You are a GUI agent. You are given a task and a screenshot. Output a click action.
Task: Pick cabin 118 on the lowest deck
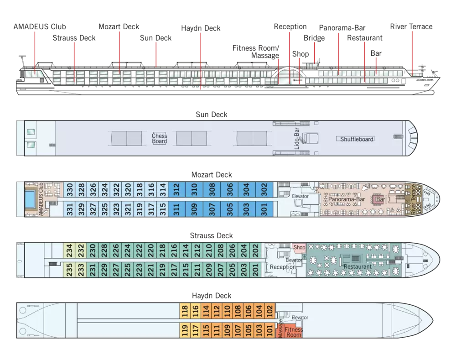click(x=185, y=311)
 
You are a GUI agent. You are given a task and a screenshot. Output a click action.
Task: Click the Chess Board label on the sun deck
click(x=159, y=138)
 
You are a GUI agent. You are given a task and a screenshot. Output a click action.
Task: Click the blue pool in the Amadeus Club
click(x=31, y=198)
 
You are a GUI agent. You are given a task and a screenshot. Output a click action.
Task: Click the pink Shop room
click(x=299, y=247)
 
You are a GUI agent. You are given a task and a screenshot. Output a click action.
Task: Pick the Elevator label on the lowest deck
click(x=300, y=318)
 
